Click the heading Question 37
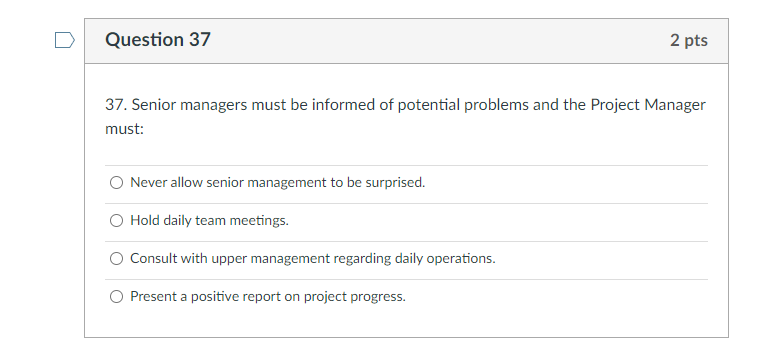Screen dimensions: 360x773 [158, 40]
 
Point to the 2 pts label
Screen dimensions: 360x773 [689, 41]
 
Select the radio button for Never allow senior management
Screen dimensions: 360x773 [117, 183]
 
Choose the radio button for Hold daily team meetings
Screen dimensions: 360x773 [117, 221]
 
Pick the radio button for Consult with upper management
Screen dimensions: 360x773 [117, 259]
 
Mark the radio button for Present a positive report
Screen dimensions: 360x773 [117, 297]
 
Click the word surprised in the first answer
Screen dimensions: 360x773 [397, 183]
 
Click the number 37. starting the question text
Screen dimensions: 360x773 [116, 105]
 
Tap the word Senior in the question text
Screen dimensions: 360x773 [154, 105]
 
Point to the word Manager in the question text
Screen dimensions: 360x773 [677, 105]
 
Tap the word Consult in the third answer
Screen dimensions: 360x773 [153, 259]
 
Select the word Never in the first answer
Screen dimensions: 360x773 [148, 183]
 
